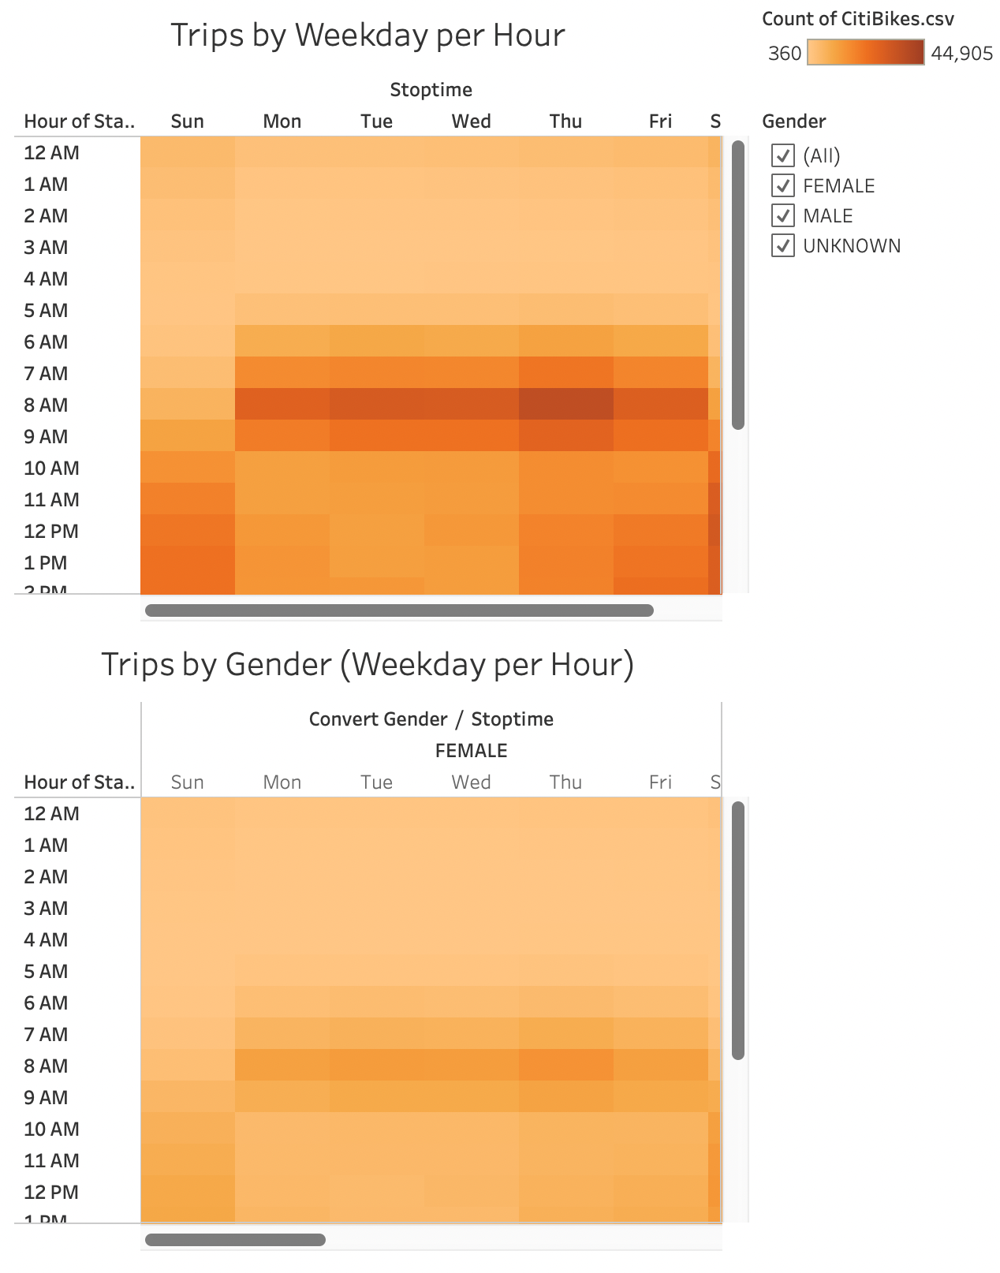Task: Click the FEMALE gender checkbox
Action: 782,185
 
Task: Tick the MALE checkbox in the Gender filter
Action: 782,215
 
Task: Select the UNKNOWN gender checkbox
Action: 782,245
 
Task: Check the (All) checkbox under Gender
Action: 782,155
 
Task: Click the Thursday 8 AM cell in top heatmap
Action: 565,404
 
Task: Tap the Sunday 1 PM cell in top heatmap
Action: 188,562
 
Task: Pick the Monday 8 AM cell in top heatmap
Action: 282,404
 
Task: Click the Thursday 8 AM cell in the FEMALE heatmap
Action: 565,1065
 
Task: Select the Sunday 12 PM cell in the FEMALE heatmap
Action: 188,1191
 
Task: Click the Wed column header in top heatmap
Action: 471,121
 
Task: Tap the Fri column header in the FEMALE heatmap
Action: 660,782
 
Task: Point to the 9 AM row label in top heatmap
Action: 46,436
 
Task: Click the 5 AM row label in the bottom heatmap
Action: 46,971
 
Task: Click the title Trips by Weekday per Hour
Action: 368,35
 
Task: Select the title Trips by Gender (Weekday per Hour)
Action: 368,664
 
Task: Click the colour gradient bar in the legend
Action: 865,53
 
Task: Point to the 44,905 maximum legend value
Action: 961,54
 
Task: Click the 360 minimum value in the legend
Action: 784,54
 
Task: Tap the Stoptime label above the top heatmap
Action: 431,90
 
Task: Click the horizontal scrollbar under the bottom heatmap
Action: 235,1240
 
